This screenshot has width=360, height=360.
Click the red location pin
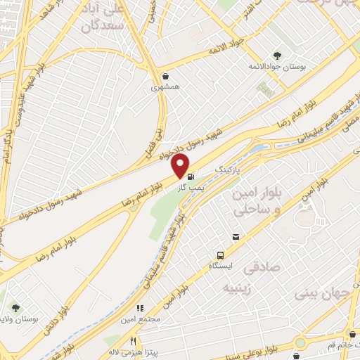[180, 167]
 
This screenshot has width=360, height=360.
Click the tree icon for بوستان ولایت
[14, 307]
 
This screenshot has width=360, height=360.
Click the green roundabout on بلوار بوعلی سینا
[301, 343]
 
